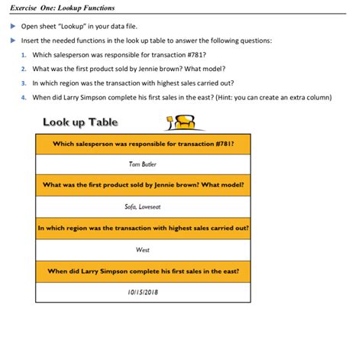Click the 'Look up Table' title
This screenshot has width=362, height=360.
pyautogui.click(x=80, y=122)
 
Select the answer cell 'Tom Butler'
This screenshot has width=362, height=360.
pyautogui.click(x=143, y=164)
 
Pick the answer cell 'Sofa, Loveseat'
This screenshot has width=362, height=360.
pyautogui.click(x=143, y=206)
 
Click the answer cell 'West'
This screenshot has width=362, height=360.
pyautogui.click(x=143, y=249)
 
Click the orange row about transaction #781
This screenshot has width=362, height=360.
pyautogui.click(x=143, y=143)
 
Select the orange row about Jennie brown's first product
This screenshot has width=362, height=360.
pyautogui.click(x=143, y=185)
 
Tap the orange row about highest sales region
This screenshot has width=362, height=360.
pyautogui.click(x=143, y=228)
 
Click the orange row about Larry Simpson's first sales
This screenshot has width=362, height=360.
pyautogui.click(x=143, y=271)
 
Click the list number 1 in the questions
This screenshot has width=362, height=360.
pyautogui.click(x=24, y=55)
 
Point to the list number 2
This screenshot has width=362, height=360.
pyautogui.click(x=24, y=69)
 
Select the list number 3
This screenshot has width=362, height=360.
pyautogui.click(x=24, y=83)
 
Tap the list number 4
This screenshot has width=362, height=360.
pyautogui.click(x=24, y=97)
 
